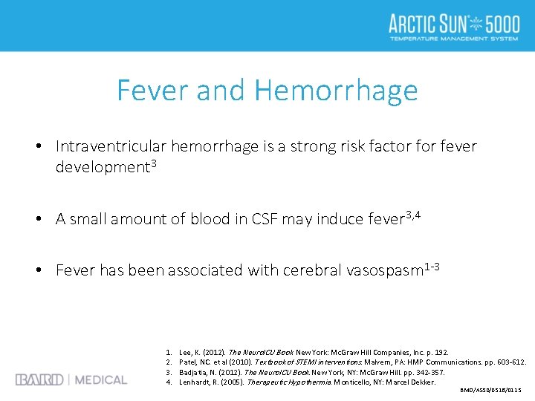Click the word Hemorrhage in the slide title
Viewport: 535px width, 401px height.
[x=336, y=91]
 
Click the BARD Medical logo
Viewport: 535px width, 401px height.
[x=71, y=379]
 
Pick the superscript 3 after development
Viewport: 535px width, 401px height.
[x=154, y=163]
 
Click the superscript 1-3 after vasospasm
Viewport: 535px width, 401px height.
[x=432, y=267]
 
